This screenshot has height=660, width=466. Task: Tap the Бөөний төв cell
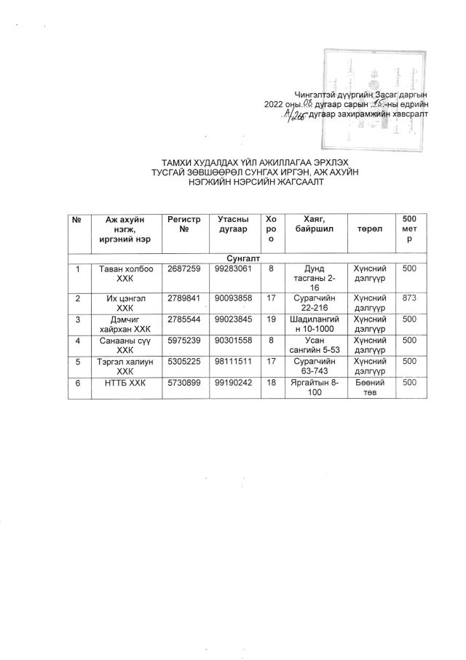pos(371,387)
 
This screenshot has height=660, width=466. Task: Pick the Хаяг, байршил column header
pos(315,223)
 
